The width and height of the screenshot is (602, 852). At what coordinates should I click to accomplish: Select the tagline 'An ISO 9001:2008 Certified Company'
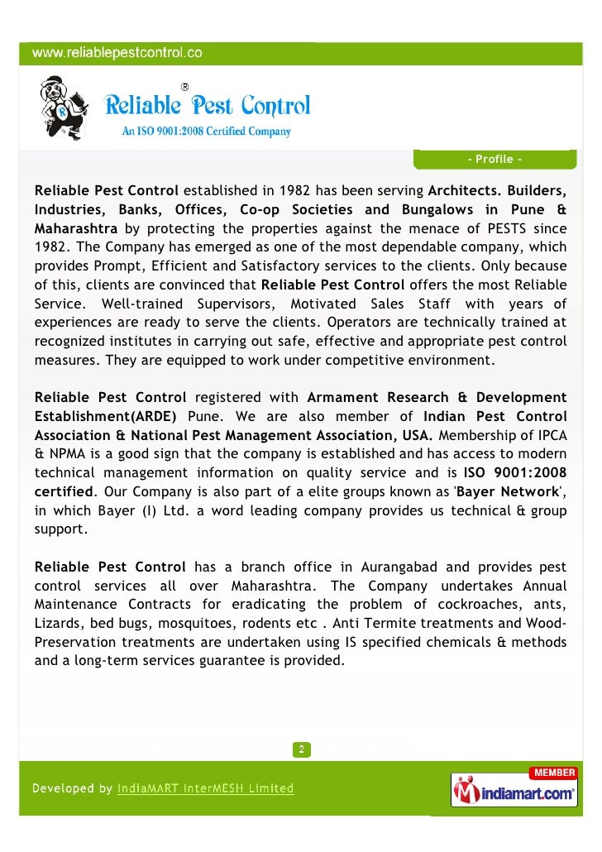(x=207, y=131)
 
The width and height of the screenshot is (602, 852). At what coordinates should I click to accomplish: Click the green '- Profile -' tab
(x=494, y=159)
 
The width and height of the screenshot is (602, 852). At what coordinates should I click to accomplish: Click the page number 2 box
(x=301, y=749)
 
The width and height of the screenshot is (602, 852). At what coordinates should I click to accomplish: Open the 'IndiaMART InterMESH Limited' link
(x=205, y=788)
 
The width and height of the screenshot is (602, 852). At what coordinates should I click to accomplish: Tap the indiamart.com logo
(x=514, y=792)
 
